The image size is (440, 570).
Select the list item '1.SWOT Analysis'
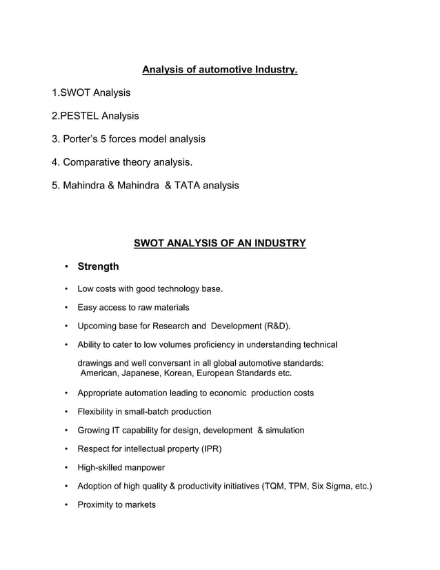point(91,92)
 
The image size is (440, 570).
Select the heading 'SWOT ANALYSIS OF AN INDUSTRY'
point(219,243)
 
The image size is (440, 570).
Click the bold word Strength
point(98,266)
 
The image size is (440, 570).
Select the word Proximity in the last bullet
point(97,504)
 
